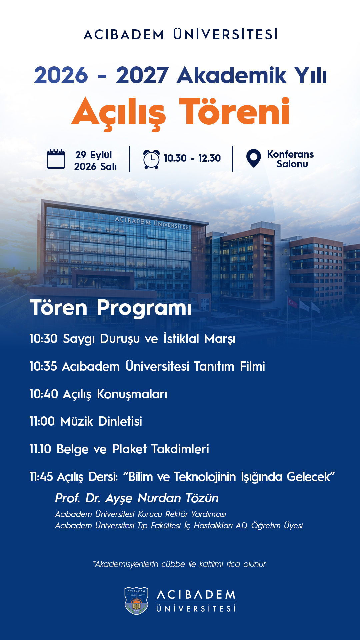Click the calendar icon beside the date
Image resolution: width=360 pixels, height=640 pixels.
[x=56, y=159]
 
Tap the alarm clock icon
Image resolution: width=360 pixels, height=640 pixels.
[x=151, y=159]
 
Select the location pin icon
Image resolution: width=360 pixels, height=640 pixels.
[x=253, y=158]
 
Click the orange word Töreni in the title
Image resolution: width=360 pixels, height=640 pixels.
[x=234, y=112]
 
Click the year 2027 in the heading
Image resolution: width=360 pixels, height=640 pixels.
[x=142, y=75]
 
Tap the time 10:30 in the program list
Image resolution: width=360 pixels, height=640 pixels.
[x=43, y=339]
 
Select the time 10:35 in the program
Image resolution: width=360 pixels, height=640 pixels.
[x=43, y=366]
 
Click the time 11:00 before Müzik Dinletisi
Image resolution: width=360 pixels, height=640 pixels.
[x=42, y=421]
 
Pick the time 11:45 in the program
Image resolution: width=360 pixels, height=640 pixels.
[x=41, y=477]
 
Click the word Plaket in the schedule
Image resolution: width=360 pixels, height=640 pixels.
[x=130, y=449]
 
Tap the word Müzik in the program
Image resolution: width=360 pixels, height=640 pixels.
[x=77, y=421]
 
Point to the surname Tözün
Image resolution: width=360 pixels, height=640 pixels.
[x=202, y=498]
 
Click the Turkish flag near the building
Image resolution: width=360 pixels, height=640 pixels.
[x=293, y=303]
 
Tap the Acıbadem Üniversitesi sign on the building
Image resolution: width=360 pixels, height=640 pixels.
[x=152, y=223]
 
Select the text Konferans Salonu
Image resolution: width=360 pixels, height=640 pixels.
[x=290, y=159]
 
